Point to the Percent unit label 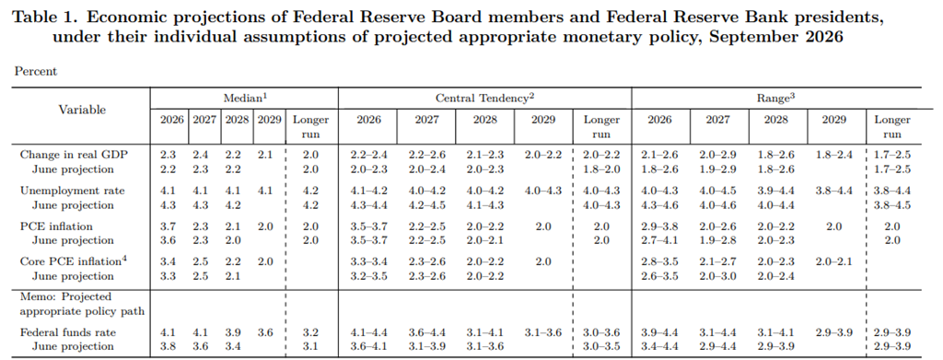pos(36,72)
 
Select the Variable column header pos(82,110)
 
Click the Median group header pos(243,98)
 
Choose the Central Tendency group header pos(484,98)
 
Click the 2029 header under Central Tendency pos(543,120)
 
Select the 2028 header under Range pos(775,120)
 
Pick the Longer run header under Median pos(311,127)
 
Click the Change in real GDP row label pos(74,155)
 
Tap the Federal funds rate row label pos(68,332)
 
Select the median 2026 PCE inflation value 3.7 pos(168,226)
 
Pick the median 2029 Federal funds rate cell pos(265,332)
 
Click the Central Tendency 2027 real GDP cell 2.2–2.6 pos(427,155)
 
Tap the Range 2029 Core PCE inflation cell pos(834,261)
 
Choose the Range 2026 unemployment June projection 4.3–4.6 pos(659,205)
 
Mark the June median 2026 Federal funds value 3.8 pos(168,346)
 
